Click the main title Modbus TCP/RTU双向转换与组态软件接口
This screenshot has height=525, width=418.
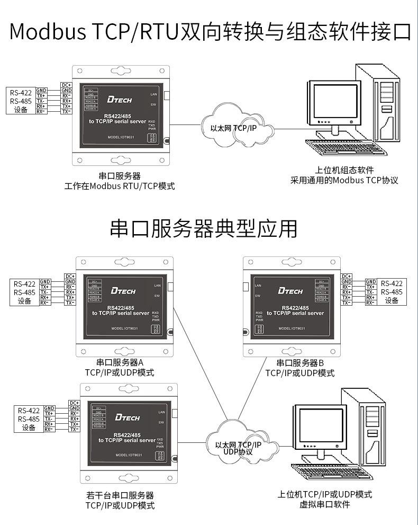209,31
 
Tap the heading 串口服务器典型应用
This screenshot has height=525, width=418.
204,228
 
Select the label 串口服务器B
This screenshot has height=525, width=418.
300,363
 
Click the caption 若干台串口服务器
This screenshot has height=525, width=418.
120,495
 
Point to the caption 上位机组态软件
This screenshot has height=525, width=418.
344,170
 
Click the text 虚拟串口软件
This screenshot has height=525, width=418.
325,504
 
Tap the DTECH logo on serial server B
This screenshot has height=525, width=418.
290,291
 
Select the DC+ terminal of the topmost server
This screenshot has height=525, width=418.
66,85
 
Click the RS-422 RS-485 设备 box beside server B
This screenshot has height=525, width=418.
392,292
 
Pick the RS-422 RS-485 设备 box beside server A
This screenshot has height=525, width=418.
25,292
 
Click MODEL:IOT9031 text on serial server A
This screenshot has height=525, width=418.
125,328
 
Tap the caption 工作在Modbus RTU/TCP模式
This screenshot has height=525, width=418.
120,186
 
